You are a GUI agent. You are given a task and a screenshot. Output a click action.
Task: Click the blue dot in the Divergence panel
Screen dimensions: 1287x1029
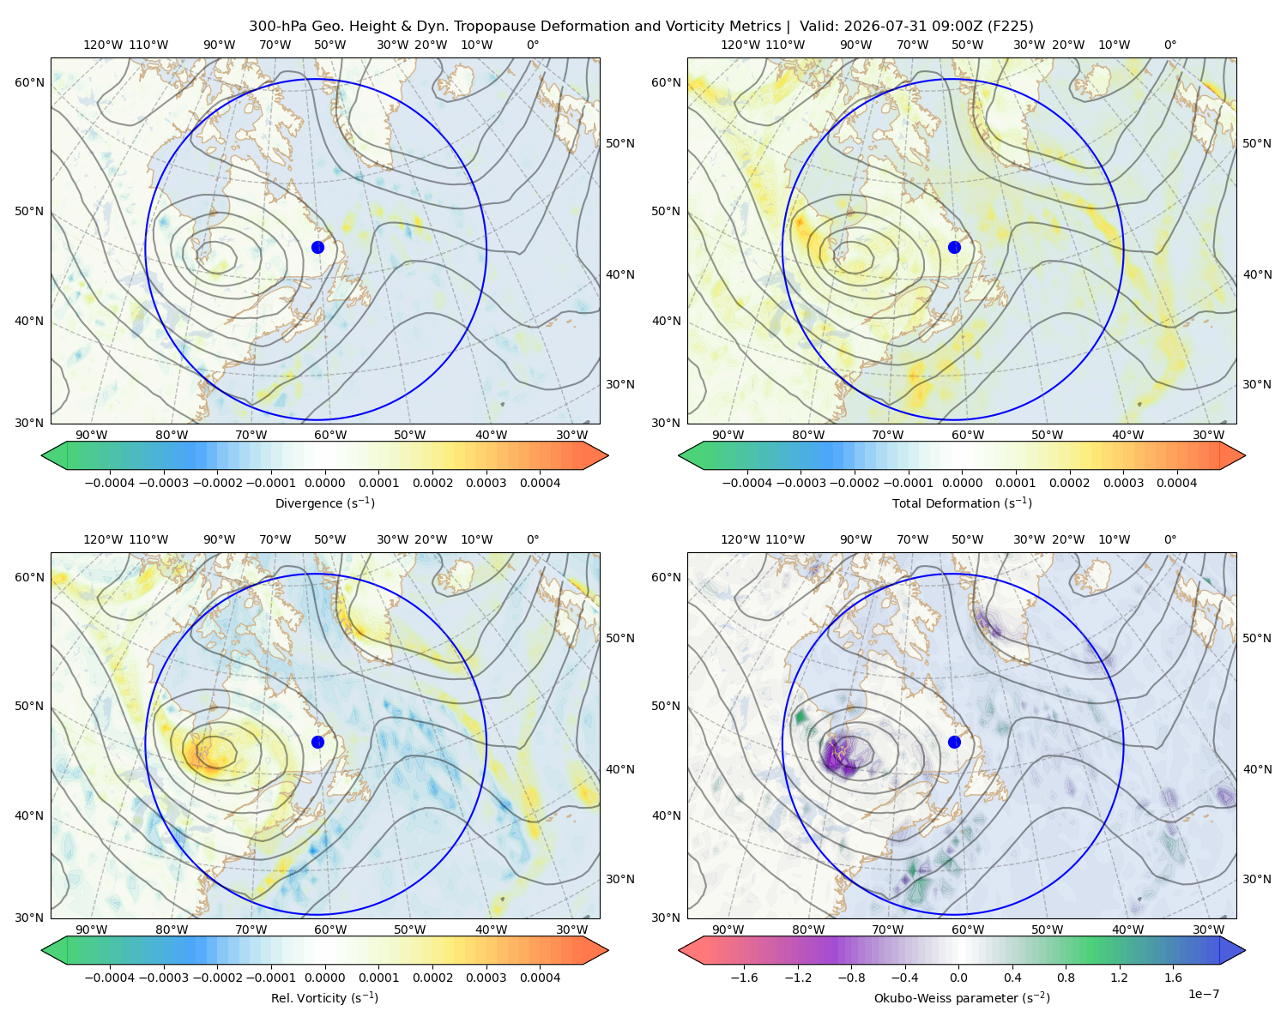[x=317, y=247]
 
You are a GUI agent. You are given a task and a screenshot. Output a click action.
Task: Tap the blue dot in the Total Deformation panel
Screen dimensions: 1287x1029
[x=954, y=247]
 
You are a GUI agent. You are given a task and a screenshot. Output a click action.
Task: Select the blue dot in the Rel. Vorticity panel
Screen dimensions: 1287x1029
[x=317, y=742]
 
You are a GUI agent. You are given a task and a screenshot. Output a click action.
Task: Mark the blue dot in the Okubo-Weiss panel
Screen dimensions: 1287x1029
[x=954, y=742]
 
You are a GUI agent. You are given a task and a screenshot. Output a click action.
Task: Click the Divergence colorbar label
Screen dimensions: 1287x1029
[x=324, y=502]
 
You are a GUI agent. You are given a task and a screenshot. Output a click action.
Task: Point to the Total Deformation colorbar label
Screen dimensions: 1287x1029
[x=962, y=502]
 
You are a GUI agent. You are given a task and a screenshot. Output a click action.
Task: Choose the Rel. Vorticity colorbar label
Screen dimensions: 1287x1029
[x=324, y=997]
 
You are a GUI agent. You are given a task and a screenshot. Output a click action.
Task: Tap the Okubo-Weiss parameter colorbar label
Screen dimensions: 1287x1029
[x=962, y=997]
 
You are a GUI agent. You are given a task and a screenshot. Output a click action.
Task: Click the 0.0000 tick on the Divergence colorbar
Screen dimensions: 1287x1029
[x=324, y=483]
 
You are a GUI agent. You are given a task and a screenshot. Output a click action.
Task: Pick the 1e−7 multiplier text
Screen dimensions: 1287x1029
[x=1203, y=994]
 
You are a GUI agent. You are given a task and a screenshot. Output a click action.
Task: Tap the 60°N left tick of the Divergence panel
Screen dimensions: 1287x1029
[x=29, y=82]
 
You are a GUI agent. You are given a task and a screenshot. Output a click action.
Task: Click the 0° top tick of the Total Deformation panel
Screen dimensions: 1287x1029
[x=1169, y=45]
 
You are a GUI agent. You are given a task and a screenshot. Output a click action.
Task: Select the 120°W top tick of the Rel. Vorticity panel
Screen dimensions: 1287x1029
[x=103, y=539]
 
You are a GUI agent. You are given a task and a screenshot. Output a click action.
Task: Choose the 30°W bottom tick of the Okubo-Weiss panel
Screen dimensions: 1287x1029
[x=1208, y=930]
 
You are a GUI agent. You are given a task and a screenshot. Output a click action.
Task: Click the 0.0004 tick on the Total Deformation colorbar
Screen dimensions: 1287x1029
[x=1176, y=483]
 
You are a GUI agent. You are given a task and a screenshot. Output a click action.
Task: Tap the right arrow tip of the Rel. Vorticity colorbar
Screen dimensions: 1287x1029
[x=608, y=950]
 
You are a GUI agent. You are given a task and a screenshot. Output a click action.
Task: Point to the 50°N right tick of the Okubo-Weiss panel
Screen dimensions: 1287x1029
[x=1256, y=638]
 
